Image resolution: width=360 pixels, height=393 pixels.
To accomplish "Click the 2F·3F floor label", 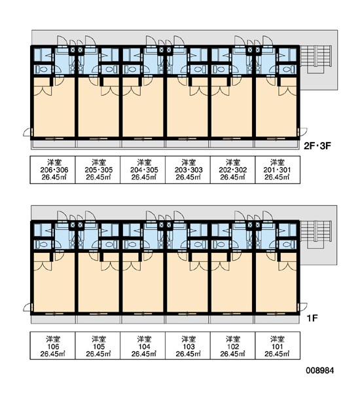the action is click(x=317, y=145).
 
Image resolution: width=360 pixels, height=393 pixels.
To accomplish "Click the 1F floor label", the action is click(x=312, y=318).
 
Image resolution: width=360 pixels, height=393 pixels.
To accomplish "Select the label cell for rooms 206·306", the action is click(x=52, y=170).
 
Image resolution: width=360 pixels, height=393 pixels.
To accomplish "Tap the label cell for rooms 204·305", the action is click(x=143, y=170).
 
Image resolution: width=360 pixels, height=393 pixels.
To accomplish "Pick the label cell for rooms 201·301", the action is click(x=278, y=170).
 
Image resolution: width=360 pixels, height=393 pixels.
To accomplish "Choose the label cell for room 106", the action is click(x=52, y=346).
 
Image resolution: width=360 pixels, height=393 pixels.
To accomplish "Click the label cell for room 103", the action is click(x=188, y=346).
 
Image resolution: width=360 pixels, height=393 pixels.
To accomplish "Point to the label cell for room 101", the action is click(x=278, y=346).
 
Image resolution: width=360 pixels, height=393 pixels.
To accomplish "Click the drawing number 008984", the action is click(x=319, y=371).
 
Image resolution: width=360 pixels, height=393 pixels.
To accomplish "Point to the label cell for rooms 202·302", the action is click(x=233, y=170).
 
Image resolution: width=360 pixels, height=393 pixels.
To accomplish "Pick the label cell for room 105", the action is click(x=98, y=346).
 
